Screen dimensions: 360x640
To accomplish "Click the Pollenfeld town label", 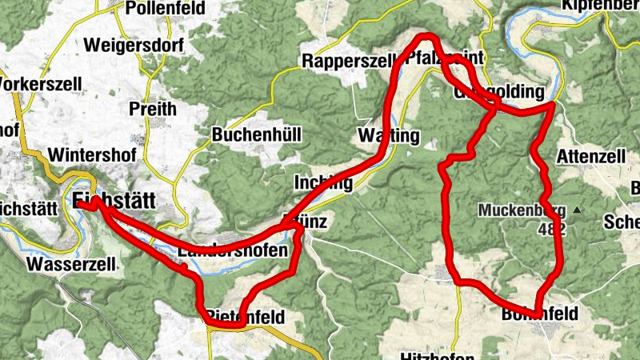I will click(x=165, y=9).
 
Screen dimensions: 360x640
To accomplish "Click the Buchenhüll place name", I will click(x=257, y=135).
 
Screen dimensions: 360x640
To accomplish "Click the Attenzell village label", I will click(x=592, y=155).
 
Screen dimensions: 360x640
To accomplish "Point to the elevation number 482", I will click(x=552, y=230).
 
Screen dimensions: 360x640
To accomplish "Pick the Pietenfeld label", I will click(x=245, y=317).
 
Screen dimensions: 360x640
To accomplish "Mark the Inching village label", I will click(x=323, y=182).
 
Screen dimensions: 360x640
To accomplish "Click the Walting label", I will click(x=389, y=136).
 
